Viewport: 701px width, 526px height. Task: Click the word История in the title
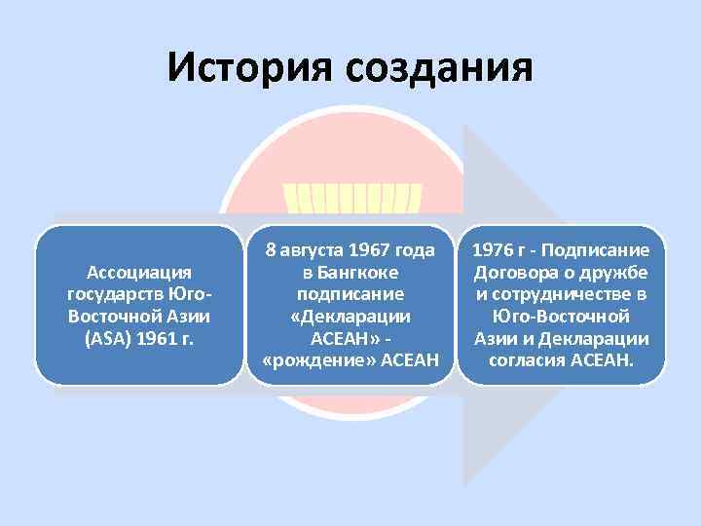click(246, 68)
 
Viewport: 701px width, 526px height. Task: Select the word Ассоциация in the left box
click(139, 271)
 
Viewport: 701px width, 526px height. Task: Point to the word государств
click(114, 294)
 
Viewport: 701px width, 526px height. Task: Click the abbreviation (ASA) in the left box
click(110, 340)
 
